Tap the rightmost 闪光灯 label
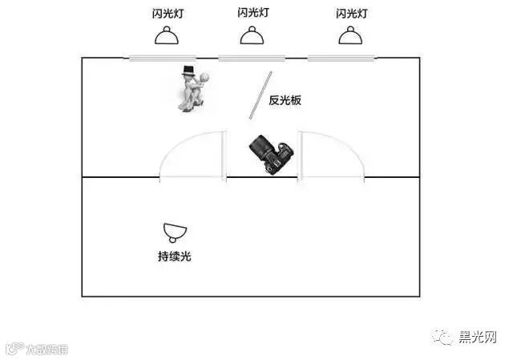pyautogui.click(x=351, y=14)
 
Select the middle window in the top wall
pyautogui.click(x=250, y=57)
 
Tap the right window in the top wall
pyautogui.click(x=340, y=57)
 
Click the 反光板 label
pyautogui.click(x=285, y=101)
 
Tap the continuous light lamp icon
pyautogui.click(x=175, y=233)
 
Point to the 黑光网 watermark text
pyautogui.click(x=479, y=337)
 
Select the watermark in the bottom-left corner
pyautogui.click(x=36, y=349)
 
